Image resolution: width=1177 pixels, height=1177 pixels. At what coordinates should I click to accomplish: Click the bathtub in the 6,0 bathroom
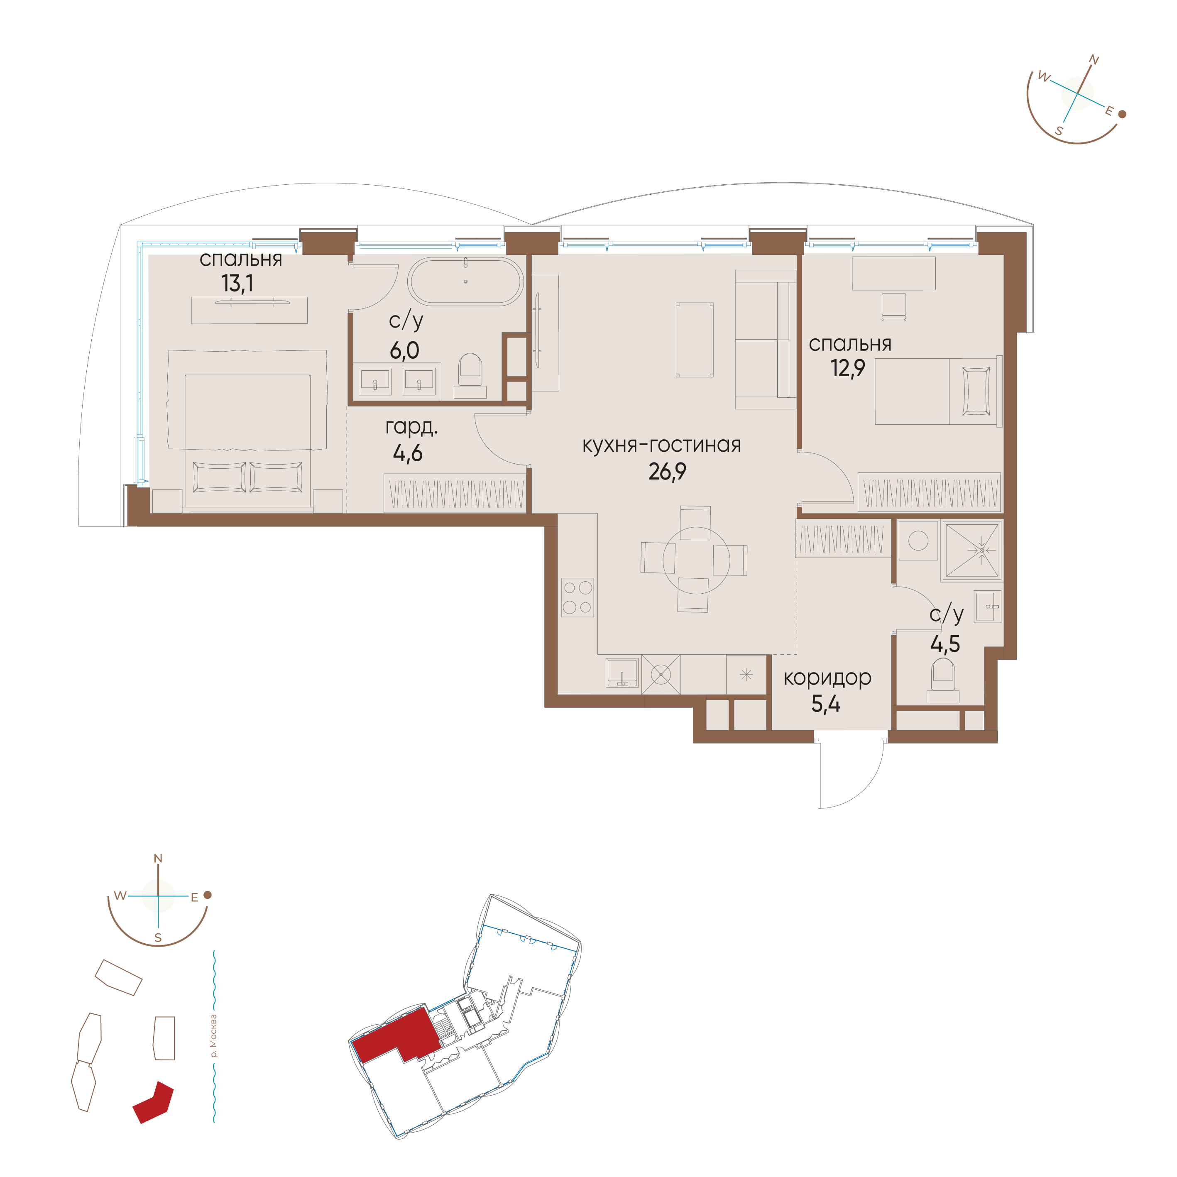(465, 281)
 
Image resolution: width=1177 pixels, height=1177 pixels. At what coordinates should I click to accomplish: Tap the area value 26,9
(667, 472)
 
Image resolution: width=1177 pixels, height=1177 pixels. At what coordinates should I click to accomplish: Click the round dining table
(696, 559)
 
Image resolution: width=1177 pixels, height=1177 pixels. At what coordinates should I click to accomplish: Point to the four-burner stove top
(577, 597)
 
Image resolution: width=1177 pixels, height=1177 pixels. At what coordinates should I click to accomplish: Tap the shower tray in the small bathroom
(971, 550)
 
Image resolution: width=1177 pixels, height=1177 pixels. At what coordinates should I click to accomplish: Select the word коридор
(827, 678)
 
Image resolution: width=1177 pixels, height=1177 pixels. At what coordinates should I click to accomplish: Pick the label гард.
(411, 427)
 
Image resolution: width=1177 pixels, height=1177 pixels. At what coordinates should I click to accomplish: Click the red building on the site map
(154, 1103)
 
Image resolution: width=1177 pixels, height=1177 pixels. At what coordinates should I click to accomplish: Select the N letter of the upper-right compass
(1094, 60)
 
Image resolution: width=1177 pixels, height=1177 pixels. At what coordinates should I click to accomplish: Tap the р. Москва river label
(213, 1036)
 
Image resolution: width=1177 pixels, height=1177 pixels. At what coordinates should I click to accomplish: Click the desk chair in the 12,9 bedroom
(894, 306)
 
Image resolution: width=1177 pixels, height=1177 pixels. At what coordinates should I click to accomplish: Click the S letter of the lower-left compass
(158, 937)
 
